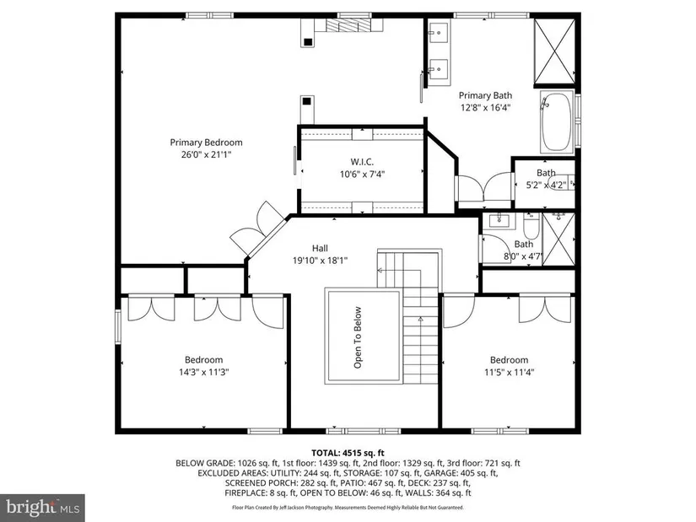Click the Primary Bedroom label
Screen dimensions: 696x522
[x=206, y=143]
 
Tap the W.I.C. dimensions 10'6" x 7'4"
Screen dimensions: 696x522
[x=362, y=175]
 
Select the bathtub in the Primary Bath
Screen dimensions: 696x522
[x=557, y=121]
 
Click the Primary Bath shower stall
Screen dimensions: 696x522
[x=554, y=51]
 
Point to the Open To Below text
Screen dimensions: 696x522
[x=358, y=337]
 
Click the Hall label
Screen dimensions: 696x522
[x=320, y=248]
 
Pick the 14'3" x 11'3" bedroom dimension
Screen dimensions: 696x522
[x=204, y=372]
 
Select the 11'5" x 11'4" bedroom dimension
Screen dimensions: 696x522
[x=509, y=372]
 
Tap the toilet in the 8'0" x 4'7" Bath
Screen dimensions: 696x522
[x=531, y=226]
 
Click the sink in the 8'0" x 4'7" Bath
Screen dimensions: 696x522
[x=499, y=220]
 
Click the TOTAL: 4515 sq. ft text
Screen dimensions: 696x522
[x=348, y=453]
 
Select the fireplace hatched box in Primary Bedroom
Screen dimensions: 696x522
[x=348, y=25]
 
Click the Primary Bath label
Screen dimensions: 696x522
[x=485, y=95]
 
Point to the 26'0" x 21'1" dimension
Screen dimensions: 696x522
[x=207, y=154]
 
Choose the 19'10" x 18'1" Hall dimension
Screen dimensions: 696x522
[x=320, y=261]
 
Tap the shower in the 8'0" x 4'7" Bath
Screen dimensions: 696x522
[x=558, y=239]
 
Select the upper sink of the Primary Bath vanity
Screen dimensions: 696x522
[x=438, y=32]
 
